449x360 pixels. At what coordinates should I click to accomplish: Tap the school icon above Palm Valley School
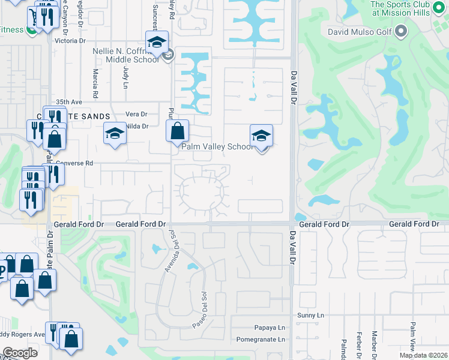(261, 136)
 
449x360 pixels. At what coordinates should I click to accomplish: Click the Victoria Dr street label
(70, 41)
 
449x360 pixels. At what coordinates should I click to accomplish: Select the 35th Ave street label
(68, 102)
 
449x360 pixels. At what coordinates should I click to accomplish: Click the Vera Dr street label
(136, 114)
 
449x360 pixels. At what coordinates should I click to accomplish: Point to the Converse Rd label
(74, 163)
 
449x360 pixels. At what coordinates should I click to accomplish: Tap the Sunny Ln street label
(310, 315)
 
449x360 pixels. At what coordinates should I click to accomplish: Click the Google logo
(20, 353)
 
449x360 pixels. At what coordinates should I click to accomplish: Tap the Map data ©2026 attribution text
(423, 355)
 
